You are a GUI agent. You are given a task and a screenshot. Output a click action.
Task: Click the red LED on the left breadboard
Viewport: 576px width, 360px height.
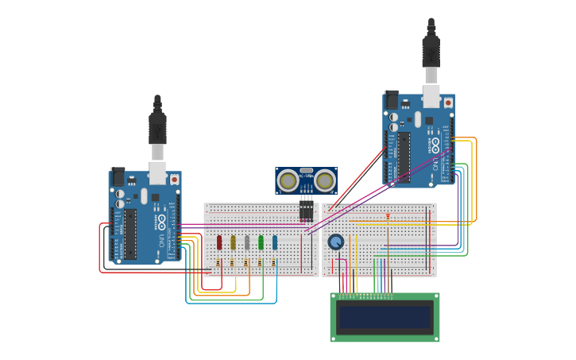pos(219,242)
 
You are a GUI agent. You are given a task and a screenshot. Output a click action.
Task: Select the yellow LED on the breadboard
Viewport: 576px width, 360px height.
pos(233,242)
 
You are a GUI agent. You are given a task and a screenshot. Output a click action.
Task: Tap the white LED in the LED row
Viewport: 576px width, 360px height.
pos(247,242)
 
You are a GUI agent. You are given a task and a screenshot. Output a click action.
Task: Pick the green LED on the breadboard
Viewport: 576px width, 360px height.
pos(261,242)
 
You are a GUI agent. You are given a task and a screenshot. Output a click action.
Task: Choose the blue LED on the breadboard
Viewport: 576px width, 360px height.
pos(275,242)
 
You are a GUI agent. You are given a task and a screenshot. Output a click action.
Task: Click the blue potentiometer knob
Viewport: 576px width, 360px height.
pos(336,242)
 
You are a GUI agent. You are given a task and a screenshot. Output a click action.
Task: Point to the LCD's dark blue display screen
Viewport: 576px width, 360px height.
pos(385,318)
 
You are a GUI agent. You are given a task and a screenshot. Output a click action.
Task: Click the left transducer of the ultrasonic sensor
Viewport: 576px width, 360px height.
pos(288,181)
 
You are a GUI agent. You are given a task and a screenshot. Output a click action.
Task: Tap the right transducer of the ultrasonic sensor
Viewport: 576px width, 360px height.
pos(324,181)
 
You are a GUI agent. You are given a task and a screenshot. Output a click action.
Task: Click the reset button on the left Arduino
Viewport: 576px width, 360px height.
pos(174,180)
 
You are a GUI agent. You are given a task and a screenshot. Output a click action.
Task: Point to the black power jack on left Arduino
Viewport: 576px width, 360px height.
pos(118,176)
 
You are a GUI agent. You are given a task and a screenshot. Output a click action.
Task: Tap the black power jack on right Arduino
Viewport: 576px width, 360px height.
pos(391,99)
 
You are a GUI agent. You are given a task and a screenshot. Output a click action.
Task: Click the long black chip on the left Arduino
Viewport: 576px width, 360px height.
pos(130,234)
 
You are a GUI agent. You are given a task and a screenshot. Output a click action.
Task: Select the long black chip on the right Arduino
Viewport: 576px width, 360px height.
pos(403,157)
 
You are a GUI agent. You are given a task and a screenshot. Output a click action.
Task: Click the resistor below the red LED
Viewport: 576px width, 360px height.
pos(218,263)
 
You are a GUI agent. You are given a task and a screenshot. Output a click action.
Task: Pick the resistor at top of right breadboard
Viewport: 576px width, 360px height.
pos(388,215)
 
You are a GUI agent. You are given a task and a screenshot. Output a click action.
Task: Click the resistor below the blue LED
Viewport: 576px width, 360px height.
pos(273,263)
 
